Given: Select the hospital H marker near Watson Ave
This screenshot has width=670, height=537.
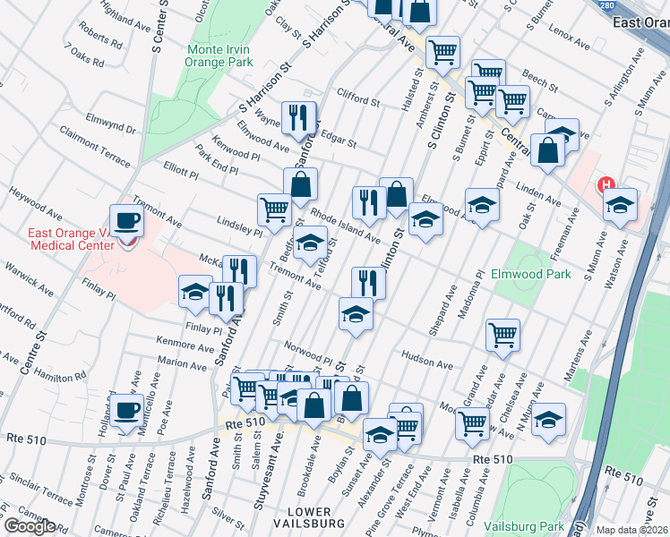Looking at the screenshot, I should tap(606, 186).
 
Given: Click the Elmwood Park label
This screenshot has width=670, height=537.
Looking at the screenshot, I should tap(530, 274).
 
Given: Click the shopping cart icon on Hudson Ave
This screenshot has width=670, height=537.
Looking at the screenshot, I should tap(503, 335).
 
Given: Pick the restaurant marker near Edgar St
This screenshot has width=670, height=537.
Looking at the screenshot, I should tap(298, 117).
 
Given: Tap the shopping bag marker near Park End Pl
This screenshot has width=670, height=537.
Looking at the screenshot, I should tap(302, 183).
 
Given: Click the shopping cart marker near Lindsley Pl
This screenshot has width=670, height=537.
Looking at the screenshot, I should tap(274, 209).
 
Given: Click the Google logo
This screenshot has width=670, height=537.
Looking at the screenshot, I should tap(29, 526).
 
